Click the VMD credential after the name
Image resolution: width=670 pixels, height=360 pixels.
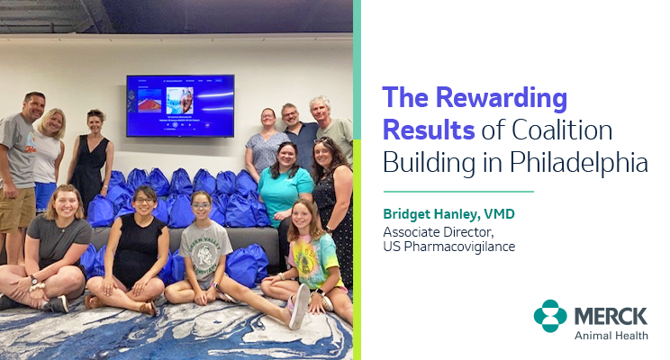point(499,213)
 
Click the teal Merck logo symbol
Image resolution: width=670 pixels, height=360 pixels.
point(550,316)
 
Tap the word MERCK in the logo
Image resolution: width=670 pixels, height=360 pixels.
point(611,317)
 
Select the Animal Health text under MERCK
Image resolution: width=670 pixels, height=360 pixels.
point(611,336)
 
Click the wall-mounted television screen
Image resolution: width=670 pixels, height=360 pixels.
point(180,105)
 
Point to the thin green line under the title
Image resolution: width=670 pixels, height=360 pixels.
point(458,192)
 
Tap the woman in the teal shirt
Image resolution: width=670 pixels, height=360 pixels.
point(285,188)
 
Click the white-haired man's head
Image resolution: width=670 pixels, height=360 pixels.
point(320,109)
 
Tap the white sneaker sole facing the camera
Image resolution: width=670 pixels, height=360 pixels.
point(300,307)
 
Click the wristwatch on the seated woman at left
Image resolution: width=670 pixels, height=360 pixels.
point(33,280)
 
